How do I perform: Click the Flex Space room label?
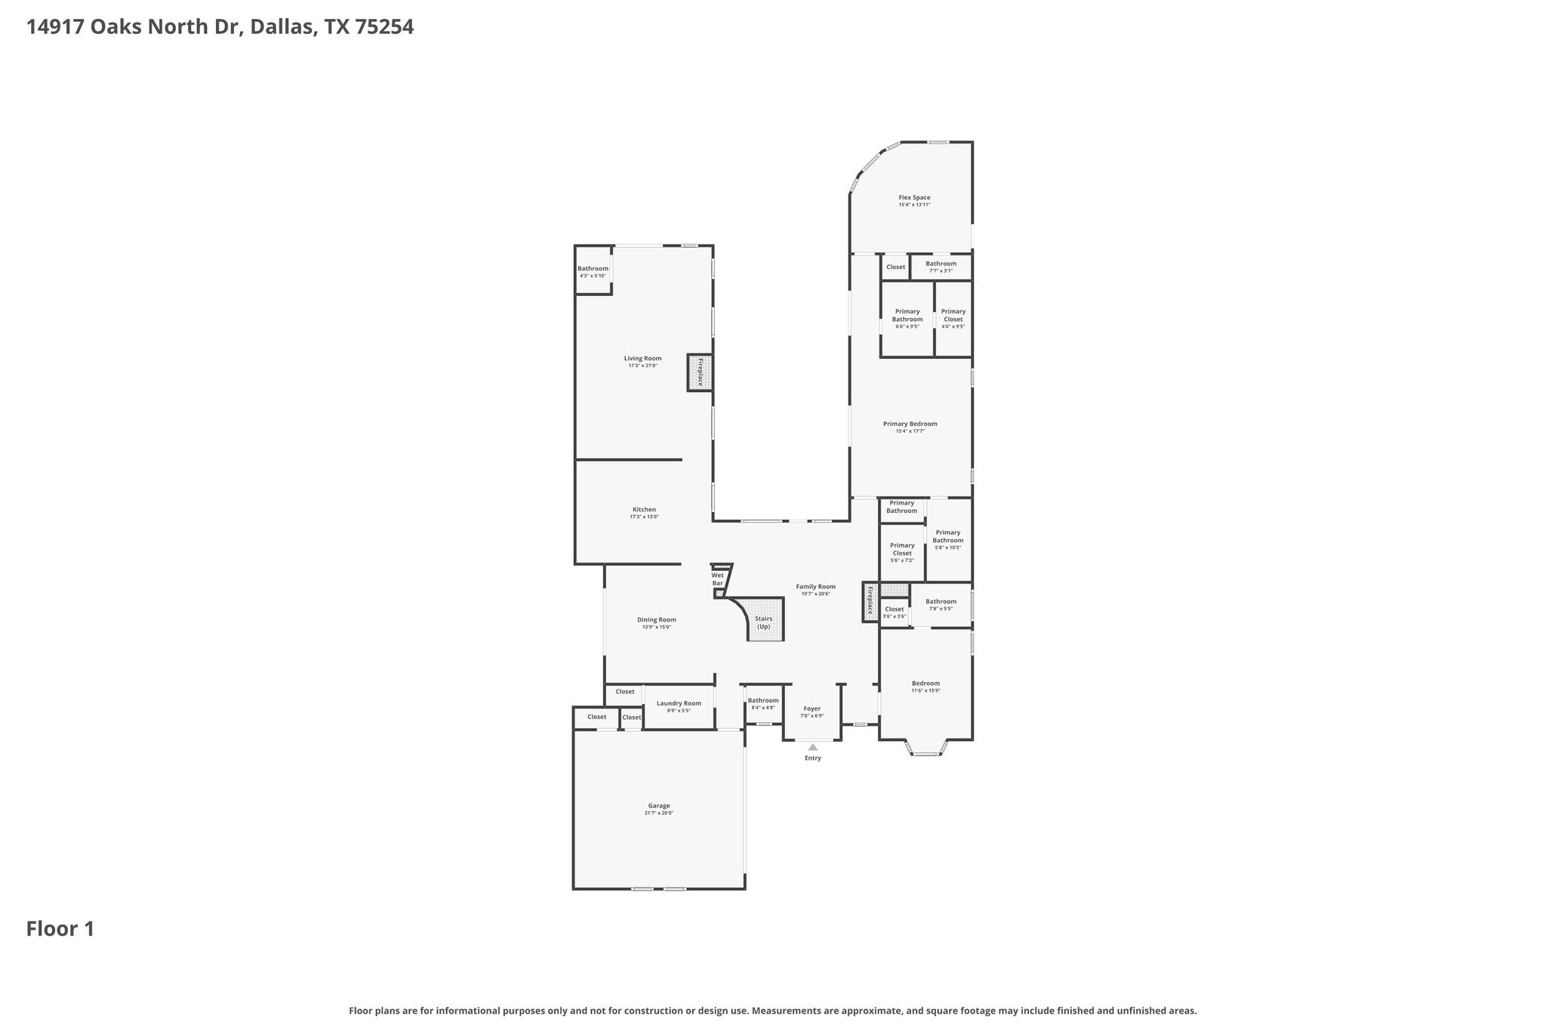[914, 197]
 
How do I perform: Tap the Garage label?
[658, 805]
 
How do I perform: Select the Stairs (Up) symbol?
[764, 622]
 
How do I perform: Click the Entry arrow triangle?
[813, 747]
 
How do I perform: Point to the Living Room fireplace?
[700, 372]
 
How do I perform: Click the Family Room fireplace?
[870, 601]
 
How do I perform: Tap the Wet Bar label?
[717, 579]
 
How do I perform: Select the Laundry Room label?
[679, 703]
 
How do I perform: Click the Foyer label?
[811, 708]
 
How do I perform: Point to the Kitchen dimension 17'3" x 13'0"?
[644, 517]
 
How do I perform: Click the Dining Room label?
[656, 619]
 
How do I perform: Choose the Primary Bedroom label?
[910, 424]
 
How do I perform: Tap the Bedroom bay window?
[925, 752]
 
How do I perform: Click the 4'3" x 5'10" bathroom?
[593, 270]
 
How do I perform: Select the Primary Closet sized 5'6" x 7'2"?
[902, 551]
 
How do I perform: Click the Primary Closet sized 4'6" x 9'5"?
[953, 317]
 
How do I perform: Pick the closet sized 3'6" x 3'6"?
[895, 612]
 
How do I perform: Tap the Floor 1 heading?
[60, 928]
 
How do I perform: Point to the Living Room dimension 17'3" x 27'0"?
[642, 366]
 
